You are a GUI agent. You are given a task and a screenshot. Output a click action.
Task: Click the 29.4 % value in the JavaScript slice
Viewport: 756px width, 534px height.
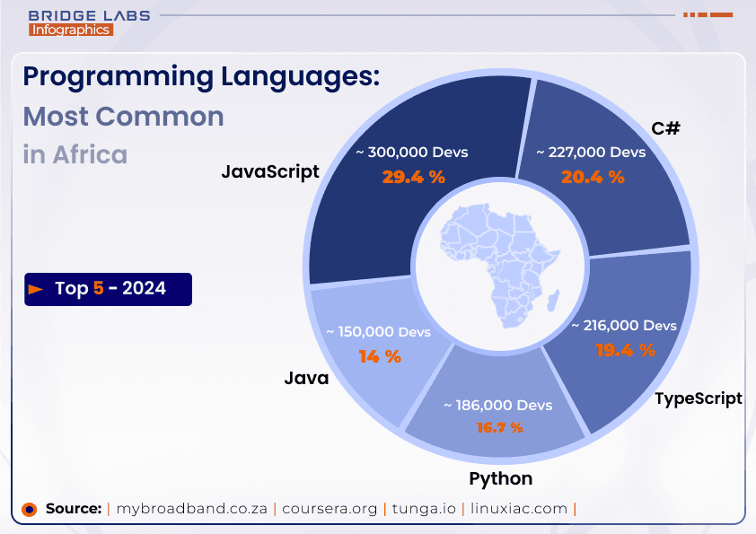(x=413, y=177)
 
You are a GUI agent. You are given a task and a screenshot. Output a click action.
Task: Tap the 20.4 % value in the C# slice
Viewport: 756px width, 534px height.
(x=593, y=177)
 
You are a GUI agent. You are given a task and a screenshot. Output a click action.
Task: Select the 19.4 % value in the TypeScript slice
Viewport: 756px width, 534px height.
(x=625, y=350)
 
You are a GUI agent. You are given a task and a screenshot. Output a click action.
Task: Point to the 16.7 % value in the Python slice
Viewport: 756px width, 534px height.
(x=499, y=427)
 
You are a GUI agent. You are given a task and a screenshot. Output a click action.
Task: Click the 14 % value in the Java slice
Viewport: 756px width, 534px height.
(x=379, y=356)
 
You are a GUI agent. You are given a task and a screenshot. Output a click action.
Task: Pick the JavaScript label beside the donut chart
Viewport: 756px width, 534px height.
(x=270, y=171)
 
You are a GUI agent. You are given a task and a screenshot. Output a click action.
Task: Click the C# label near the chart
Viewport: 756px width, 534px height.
(x=665, y=128)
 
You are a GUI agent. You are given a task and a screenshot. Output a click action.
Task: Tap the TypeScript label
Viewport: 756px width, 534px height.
(x=699, y=398)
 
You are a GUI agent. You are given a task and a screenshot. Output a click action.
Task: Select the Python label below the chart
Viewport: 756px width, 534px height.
(x=500, y=477)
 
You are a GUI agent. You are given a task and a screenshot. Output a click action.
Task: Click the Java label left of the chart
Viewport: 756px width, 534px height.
(x=306, y=378)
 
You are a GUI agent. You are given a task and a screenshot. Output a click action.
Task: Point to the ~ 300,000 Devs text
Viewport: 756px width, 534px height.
(x=411, y=152)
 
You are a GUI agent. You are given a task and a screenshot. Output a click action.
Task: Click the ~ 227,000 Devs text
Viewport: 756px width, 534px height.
(x=591, y=152)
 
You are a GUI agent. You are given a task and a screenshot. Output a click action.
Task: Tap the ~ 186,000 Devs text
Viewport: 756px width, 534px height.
(x=497, y=406)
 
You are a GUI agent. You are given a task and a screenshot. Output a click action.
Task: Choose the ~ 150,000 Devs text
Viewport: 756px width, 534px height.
(x=378, y=332)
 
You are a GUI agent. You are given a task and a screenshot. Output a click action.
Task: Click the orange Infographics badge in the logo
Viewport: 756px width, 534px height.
(x=70, y=30)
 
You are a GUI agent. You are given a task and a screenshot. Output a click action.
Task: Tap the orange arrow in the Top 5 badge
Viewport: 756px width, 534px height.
(x=36, y=289)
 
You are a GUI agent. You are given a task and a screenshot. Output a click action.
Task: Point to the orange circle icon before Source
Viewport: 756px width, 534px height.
(x=29, y=509)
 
